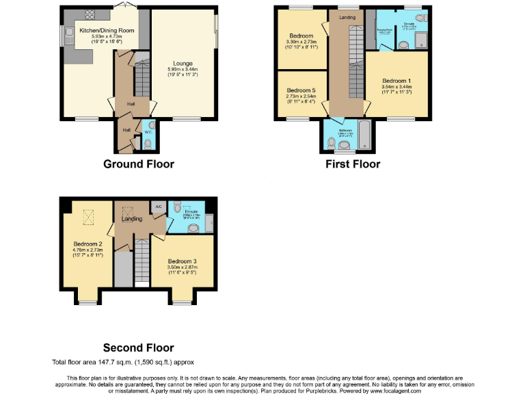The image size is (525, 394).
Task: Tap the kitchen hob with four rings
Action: tap(89, 14)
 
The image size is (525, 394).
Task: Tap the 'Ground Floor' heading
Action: tap(139, 164)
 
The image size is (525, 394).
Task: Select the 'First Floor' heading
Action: tap(353, 164)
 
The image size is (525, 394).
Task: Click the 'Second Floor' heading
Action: tap(139, 348)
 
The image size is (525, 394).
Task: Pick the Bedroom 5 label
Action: tap(301, 90)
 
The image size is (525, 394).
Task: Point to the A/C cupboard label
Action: tap(157, 206)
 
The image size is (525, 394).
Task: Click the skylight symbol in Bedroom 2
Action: tap(87, 218)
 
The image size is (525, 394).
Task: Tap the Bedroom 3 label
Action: tap(183, 261)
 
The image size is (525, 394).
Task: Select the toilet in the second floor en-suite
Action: tap(176, 207)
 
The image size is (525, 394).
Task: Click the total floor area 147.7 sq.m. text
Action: tap(127, 361)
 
